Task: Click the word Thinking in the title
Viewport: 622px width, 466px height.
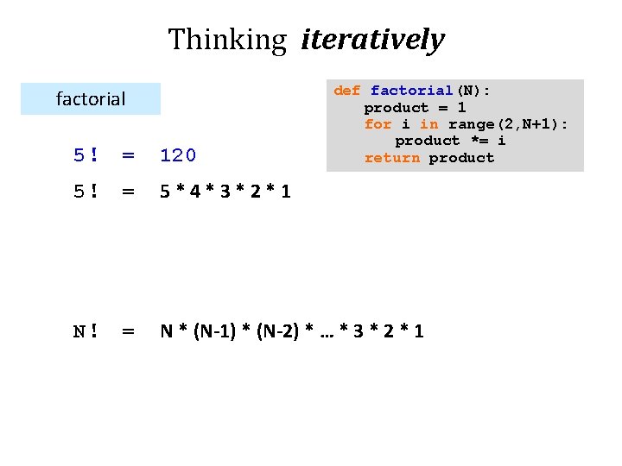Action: pyautogui.click(x=226, y=40)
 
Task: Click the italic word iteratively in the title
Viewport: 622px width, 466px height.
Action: pyautogui.click(x=372, y=40)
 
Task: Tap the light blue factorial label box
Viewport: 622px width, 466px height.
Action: pyautogui.click(x=91, y=99)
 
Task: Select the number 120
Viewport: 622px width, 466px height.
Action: pyautogui.click(x=179, y=155)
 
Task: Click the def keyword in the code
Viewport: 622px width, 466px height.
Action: pyautogui.click(x=346, y=91)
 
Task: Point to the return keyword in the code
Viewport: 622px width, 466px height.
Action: pyautogui.click(x=392, y=158)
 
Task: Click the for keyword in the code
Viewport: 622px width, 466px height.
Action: pyautogui.click(x=378, y=124)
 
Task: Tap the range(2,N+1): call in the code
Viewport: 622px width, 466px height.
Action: pyautogui.click(x=508, y=124)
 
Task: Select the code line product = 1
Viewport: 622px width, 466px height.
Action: pyautogui.click(x=415, y=108)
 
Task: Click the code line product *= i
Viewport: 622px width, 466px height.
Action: pyautogui.click(x=450, y=141)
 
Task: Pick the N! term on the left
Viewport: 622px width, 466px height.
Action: pyautogui.click(x=85, y=331)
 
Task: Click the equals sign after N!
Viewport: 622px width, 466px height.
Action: pyautogui.click(x=128, y=331)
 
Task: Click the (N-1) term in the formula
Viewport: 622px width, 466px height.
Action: pyautogui.click(x=215, y=331)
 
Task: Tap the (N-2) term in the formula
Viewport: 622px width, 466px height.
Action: pyautogui.click(x=276, y=331)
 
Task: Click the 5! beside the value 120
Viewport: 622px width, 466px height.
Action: pyautogui.click(x=85, y=155)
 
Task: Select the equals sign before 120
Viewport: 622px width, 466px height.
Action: pyautogui.click(x=128, y=155)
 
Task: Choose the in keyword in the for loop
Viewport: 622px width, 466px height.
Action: pyautogui.click(x=428, y=124)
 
